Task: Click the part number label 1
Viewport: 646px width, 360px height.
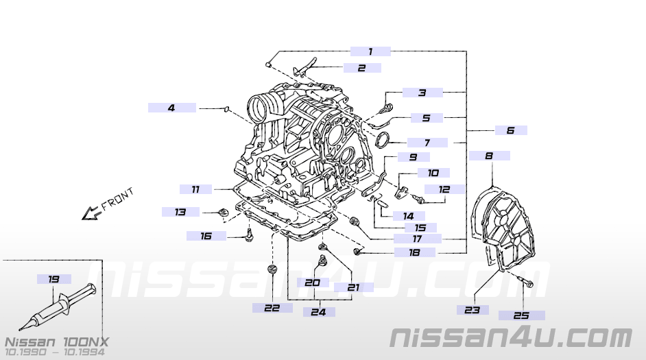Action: pos(370,51)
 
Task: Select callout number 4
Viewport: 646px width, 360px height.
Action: pos(171,108)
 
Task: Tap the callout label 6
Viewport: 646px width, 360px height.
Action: pos(510,130)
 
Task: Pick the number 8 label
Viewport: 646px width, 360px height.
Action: pos(489,156)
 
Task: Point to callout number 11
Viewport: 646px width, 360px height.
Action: pos(195,189)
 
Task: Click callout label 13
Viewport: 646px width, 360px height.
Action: pos(180,212)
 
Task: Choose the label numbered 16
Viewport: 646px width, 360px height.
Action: pos(206,236)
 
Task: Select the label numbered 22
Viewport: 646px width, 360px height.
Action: pos(272,308)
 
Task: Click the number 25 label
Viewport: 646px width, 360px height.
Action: pos(521,315)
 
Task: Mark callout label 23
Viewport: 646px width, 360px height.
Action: pos(472,310)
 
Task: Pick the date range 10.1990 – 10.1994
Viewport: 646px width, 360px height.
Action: pos(56,352)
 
